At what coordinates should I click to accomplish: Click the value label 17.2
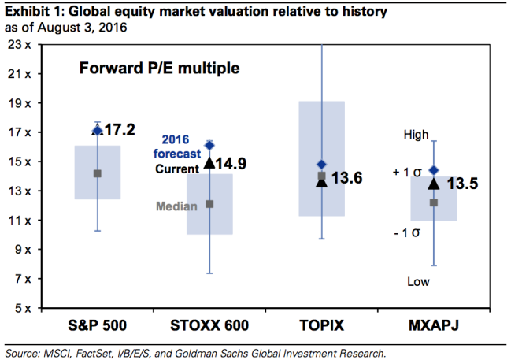120,128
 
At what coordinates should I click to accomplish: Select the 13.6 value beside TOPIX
346,179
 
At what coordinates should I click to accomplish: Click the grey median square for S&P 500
98,173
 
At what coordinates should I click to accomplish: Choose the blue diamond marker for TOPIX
321,165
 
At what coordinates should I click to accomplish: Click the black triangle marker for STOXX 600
209,163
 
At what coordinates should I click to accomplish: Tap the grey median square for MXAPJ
433,202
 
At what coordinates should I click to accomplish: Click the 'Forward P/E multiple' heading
160,69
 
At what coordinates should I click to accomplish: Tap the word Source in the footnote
23,353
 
